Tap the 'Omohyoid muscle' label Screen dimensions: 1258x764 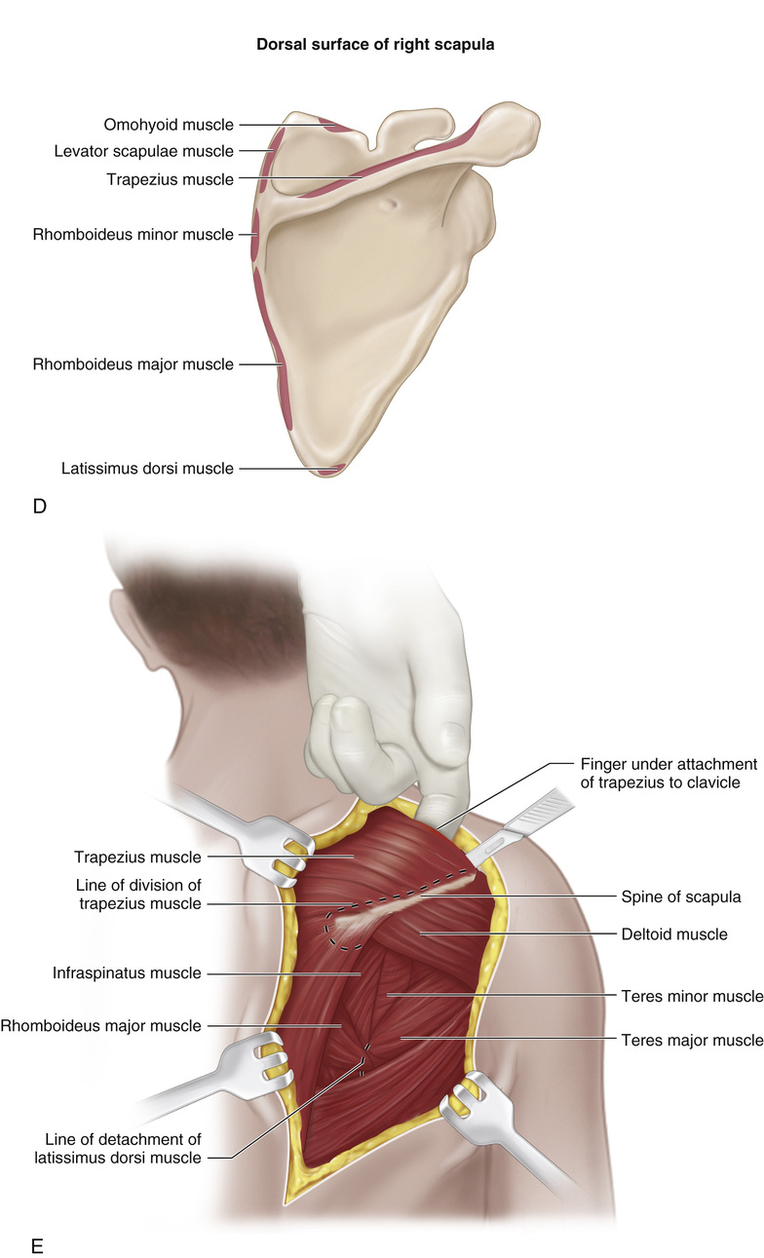coord(169,125)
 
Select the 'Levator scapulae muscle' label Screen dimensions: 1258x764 coord(144,151)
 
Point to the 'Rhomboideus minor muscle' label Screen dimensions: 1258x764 coord(134,235)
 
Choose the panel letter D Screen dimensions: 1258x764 coord(40,507)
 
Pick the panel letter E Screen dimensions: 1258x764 coord(39,1244)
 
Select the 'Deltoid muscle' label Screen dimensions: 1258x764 coord(674,934)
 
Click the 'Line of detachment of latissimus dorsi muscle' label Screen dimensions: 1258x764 coord(123,1148)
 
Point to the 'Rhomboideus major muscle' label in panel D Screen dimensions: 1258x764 coord(134,364)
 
